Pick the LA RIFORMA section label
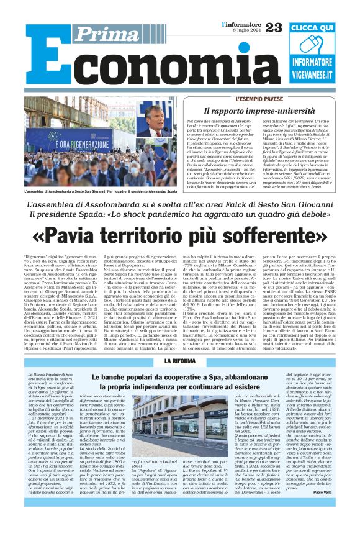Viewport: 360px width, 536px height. coord(180,361)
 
